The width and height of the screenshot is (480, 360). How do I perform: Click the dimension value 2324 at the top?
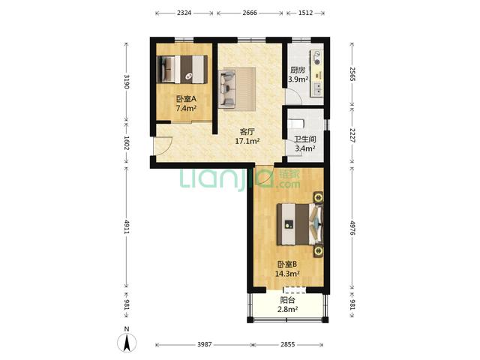[x=184, y=13]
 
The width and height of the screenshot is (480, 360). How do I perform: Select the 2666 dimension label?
[x=250, y=13]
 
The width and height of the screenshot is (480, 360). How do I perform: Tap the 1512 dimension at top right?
[x=305, y=13]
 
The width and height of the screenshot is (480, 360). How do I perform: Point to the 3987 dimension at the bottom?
[x=204, y=344]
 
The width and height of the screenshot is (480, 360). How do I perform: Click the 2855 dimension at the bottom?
[x=288, y=344]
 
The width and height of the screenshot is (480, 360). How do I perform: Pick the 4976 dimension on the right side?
[x=352, y=228]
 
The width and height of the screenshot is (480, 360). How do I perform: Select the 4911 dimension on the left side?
[x=127, y=226]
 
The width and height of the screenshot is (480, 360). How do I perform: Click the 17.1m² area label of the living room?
[x=247, y=141]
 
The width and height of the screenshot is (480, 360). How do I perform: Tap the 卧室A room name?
[x=186, y=99]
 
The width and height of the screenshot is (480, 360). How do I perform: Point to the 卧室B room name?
[x=287, y=264]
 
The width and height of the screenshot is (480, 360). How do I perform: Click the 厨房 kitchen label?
[x=298, y=70]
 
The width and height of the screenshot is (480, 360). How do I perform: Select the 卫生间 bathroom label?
[x=305, y=139]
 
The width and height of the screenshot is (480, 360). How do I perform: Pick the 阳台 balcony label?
[x=288, y=300]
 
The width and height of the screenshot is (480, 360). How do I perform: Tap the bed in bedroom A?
[x=181, y=69]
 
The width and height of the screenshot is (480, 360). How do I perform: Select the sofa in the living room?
[x=226, y=88]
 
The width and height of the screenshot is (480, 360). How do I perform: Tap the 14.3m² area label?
[x=287, y=274]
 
